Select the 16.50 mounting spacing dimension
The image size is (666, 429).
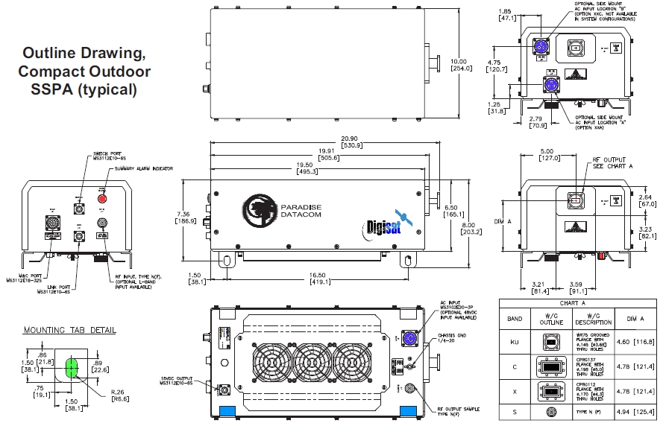[316, 275]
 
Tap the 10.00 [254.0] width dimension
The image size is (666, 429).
[459, 65]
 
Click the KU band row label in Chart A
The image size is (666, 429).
[514, 341]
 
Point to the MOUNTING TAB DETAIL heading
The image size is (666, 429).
[69, 330]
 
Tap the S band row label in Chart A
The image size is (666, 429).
[514, 411]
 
